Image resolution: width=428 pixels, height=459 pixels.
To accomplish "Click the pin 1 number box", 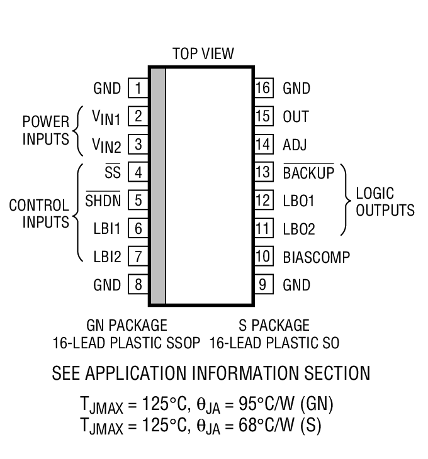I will [x=137, y=88].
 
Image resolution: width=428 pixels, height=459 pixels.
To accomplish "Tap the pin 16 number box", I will [x=264, y=88].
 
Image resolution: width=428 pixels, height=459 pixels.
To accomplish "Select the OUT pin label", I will [x=296, y=116].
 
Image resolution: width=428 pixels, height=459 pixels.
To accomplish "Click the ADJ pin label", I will [x=295, y=145].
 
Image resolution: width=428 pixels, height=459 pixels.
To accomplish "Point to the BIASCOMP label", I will [x=316, y=257].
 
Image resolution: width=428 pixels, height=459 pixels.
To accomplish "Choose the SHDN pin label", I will [x=103, y=201].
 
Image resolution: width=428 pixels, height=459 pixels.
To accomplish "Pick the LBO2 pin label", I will [x=299, y=229].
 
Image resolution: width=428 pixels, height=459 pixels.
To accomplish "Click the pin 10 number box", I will [x=264, y=257].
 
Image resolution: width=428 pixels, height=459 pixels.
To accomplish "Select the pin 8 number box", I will [x=137, y=285].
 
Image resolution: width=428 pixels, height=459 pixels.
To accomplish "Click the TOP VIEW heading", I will [x=203, y=54].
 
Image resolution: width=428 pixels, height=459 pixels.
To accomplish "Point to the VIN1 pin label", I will [x=106, y=117].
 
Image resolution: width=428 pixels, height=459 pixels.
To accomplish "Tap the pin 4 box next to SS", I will [x=137, y=172].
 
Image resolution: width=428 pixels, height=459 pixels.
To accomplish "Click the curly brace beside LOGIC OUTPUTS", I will [x=346, y=201].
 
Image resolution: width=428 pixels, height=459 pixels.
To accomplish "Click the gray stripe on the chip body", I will [x=157, y=186].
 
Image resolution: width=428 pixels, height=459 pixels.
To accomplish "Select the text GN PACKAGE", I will [x=127, y=325].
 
